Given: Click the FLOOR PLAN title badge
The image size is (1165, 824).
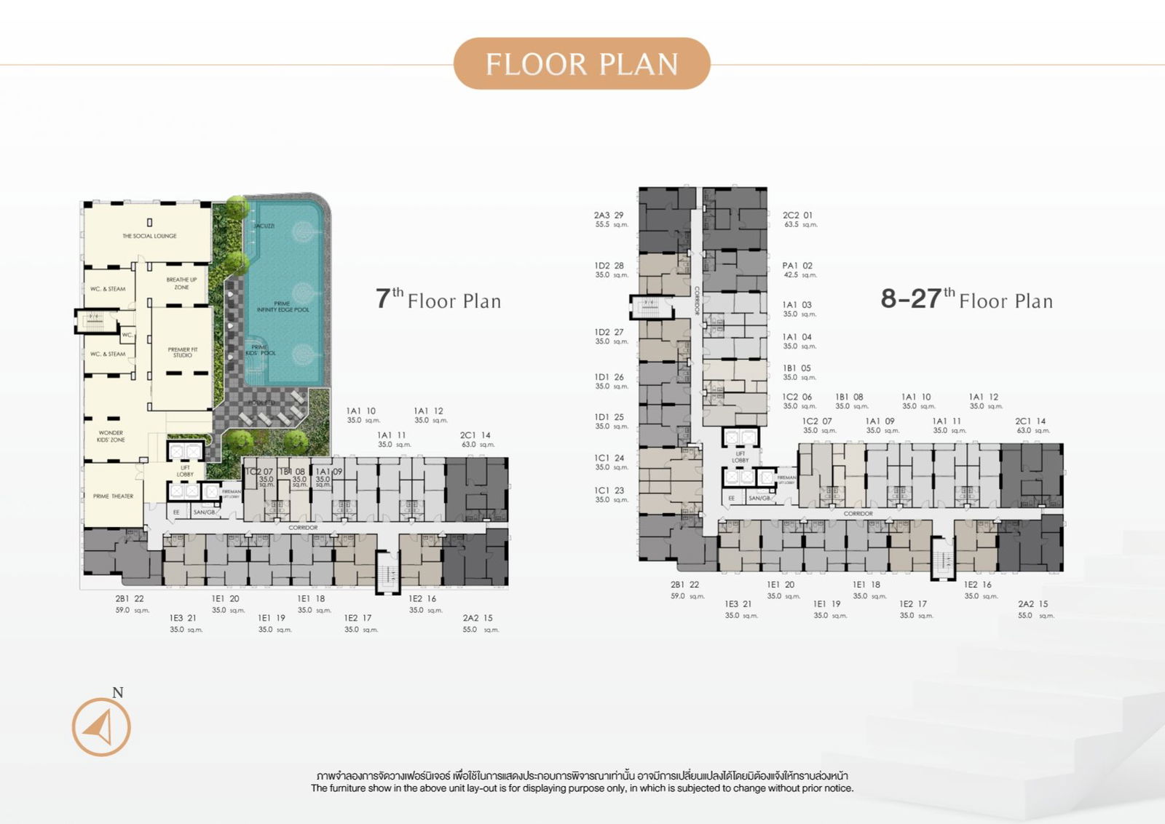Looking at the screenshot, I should click(582, 64).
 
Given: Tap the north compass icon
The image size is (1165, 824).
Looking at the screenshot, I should click(101, 726).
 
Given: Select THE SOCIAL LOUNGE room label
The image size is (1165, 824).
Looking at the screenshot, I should click(149, 236).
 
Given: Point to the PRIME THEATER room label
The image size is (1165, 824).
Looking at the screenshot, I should click(113, 496).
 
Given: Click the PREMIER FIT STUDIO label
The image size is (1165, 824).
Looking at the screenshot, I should click(182, 352).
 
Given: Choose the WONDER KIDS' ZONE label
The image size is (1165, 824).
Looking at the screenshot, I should click(111, 436).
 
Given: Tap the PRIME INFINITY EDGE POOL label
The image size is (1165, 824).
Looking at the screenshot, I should click(283, 306).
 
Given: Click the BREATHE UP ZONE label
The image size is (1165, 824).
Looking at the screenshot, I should click(181, 283).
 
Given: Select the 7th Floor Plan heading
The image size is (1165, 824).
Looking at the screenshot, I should click(438, 299).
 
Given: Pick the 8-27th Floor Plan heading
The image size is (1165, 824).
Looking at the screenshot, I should click(966, 299).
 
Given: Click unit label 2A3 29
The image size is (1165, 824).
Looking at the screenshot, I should click(609, 215).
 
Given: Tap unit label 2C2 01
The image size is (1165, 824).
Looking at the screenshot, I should click(797, 215).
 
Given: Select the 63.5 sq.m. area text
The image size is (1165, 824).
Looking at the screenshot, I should click(800, 225).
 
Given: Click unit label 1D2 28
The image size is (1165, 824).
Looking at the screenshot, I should click(609, 266).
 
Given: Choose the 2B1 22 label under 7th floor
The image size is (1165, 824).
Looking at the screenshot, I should click(130, 599).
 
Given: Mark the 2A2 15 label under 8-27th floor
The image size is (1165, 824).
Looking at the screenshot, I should click(1032, 604).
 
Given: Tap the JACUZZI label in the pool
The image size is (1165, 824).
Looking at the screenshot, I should click(264, 226).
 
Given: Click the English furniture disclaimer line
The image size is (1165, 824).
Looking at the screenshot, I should click(582, 788).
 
